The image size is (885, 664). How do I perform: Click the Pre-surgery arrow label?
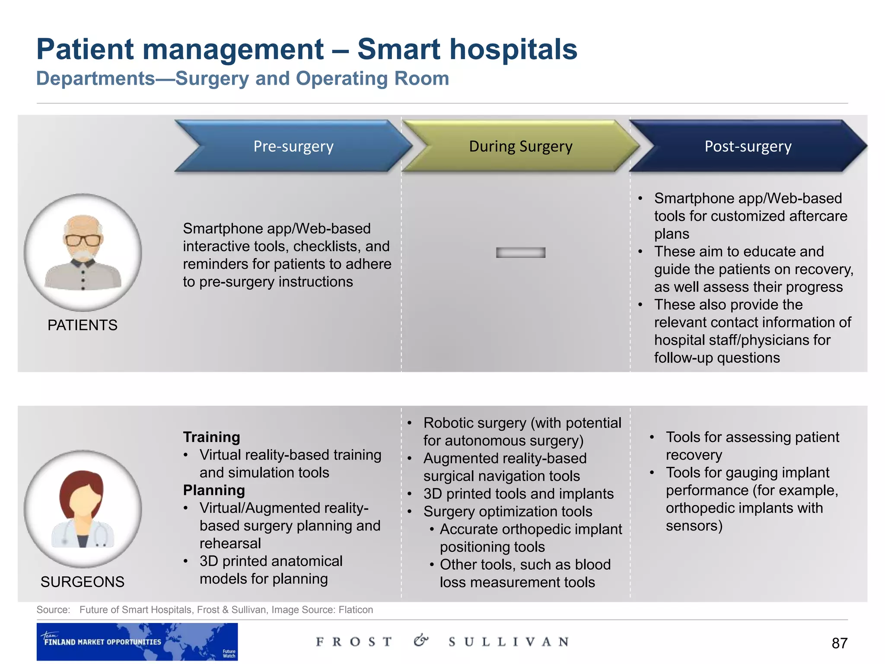tap(293, 147)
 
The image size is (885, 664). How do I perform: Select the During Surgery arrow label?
tap(521, 147)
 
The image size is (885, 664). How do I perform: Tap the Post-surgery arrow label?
tap(748, 147)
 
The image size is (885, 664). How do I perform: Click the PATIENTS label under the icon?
tap(83, 325)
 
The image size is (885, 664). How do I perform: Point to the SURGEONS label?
tap(83, 582)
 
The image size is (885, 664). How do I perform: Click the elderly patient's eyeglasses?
tap(83, 240)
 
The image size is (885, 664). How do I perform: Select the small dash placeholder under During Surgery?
tap(521, 252)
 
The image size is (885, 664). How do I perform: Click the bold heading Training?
tap(211, 437)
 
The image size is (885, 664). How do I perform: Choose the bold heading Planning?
tap(214, 490)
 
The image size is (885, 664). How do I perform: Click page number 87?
tap(839, 643)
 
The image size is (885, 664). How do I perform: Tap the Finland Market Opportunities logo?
tap(137, 642)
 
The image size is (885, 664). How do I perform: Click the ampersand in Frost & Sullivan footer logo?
tap(420, 641)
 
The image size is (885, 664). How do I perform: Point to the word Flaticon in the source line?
tap(356, 610)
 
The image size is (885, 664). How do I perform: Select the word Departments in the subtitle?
tap(96, 79)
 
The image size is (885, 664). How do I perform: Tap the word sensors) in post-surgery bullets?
tap(694, 526)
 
